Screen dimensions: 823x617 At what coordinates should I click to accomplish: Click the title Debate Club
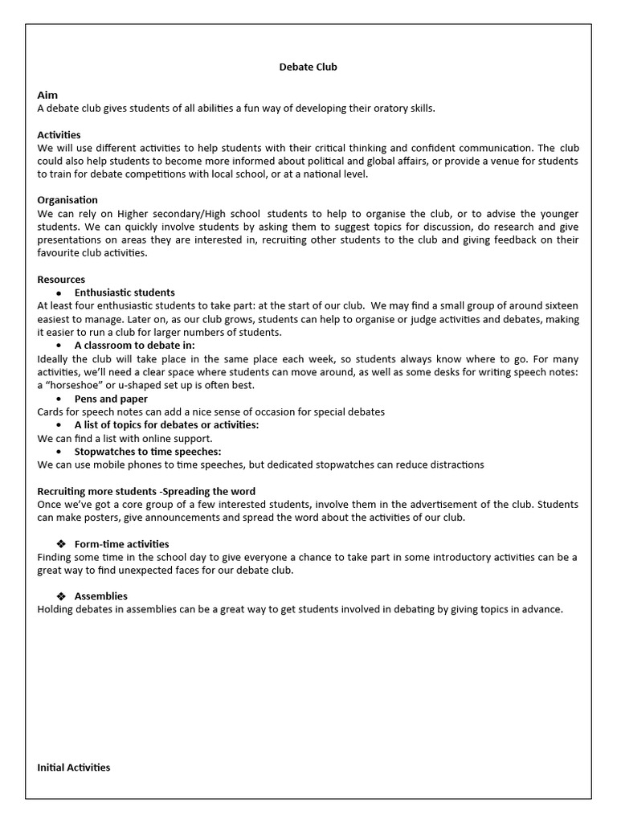pos(308,67)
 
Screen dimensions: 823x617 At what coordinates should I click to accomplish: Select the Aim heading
pos(47,95)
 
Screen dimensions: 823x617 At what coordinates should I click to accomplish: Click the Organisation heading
pos(67,199)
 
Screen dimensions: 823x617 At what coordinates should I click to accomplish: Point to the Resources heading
pos(61,279)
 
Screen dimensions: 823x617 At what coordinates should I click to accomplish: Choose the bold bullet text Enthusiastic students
pos(125,293)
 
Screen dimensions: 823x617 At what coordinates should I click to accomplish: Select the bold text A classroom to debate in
pos(129,346)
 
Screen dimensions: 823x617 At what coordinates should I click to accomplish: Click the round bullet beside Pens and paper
pos(59,399)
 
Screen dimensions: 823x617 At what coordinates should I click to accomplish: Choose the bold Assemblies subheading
pos(101,596)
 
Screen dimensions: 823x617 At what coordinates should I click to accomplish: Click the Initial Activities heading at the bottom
pos(74,768)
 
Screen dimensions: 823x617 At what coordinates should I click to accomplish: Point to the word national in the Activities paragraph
pos(304,174)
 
